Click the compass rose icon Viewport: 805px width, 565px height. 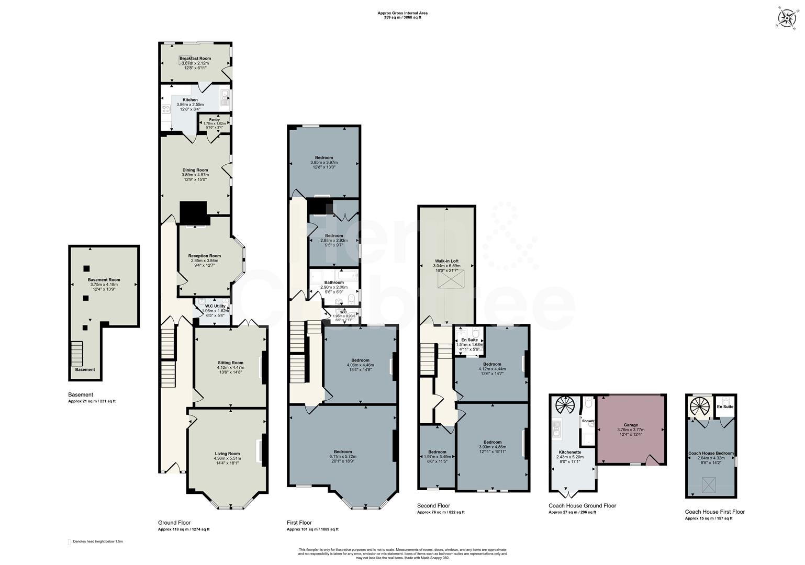(786, 18)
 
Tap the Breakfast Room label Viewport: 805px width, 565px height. (195, 59)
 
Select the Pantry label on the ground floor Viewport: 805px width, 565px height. (214, 119)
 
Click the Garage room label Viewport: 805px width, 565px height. (631, 425)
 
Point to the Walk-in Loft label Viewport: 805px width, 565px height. (446, 261)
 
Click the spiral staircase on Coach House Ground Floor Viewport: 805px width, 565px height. (565, 406)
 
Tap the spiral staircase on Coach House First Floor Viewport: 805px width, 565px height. (699, 406)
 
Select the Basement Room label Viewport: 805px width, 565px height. (104, 280)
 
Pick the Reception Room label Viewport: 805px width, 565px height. (205, 256)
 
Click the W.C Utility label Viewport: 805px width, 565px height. (215, 306)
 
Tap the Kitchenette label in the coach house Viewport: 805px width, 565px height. (569, 452)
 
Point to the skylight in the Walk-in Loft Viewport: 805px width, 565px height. (446, 281)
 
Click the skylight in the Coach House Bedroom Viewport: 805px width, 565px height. (709, 485)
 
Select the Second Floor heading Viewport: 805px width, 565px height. (433, 505)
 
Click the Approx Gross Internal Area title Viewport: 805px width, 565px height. (399, 13)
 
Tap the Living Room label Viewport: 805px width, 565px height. (227, 454)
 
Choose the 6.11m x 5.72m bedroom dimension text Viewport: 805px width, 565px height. (343, 457)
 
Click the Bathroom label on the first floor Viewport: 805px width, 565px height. (334, 282)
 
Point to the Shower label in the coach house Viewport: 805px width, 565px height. (588, 421)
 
